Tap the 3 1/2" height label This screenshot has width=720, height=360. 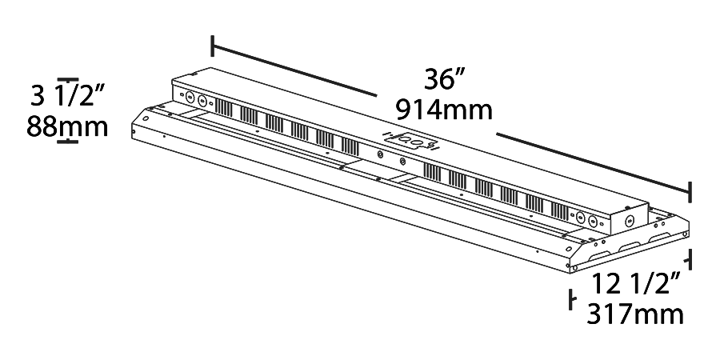tap(68, 98)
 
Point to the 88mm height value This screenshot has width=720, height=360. tap(67, 126)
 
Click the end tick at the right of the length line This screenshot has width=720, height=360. tap(690, 191)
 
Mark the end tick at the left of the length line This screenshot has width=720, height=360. tap(213, 46)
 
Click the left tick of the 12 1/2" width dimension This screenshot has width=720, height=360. tap(571, 300)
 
